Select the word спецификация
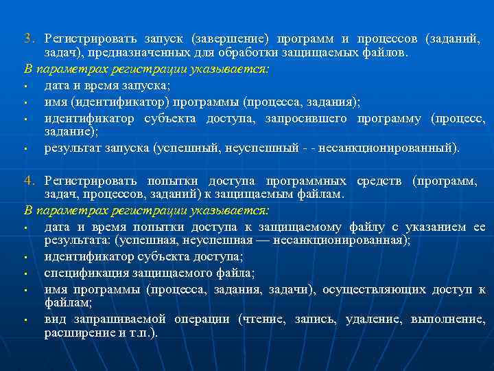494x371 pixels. pyautogui.click(x=84, y=273)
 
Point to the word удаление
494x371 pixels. pyautogui.click(x=373, y=320)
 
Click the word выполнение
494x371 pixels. pyautogui.click(x=448, y=320)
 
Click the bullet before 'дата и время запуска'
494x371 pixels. pyautogui.click(x=25, y=87)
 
